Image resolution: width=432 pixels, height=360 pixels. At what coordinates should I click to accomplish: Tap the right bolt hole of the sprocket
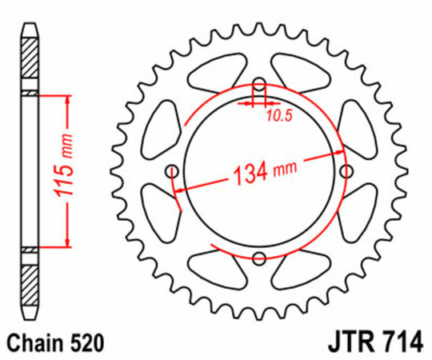(x=346, y=172)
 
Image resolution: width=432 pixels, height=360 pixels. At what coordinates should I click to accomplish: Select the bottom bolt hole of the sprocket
(x=259, y=258)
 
